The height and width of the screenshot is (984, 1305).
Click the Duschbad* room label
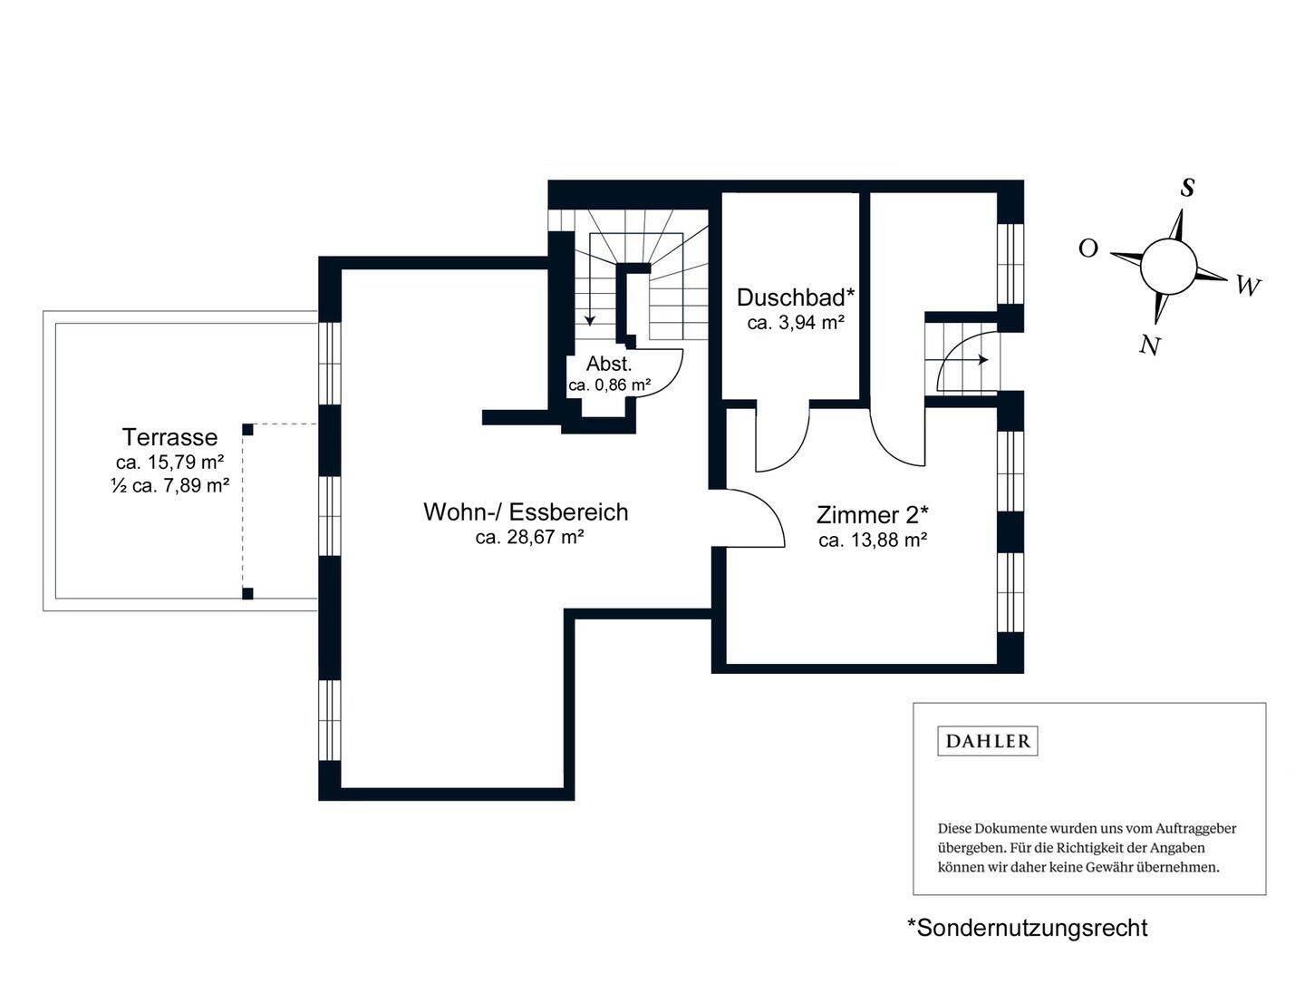[796, 297]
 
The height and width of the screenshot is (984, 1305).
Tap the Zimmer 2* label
[872, 515]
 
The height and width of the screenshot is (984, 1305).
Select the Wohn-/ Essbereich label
[526, 512]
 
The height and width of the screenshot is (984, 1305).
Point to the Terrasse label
[170, 437]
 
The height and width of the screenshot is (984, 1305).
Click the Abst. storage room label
[609, 364]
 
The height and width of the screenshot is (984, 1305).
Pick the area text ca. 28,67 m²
[529, 537]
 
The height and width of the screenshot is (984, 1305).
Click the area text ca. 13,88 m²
[873, 541]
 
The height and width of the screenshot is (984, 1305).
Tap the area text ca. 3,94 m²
[796, 323]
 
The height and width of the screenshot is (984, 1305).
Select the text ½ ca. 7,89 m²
[170, 485]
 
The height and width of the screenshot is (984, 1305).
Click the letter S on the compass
[1186, 188]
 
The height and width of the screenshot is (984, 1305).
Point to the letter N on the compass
[1150, 345]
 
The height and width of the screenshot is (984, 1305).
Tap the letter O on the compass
[1088, 248]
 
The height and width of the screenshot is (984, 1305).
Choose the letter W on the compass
[1249, 287]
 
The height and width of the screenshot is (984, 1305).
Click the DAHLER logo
[988, 741]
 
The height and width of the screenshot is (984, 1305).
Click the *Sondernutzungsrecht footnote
[1027, 928]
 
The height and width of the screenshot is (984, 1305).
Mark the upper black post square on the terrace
[248, 429]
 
